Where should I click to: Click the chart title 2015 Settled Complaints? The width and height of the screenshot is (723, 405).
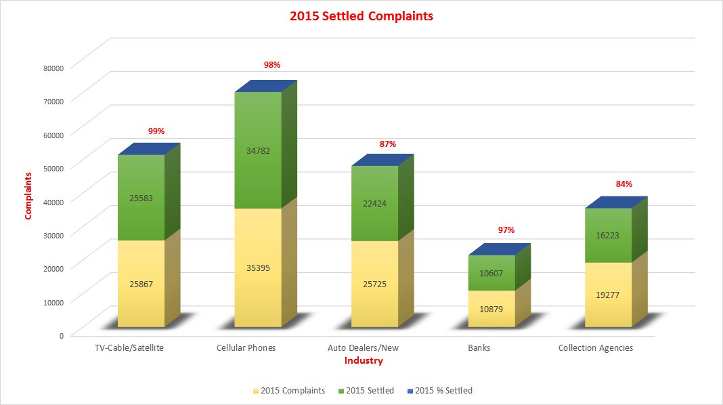click(x=361, y=16)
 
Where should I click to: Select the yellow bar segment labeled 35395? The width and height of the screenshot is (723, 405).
click(x=258, y=268)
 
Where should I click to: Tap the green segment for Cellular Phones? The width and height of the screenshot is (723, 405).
click(x=258, y=150)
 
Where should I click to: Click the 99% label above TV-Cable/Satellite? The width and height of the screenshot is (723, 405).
click(x=156, y=131)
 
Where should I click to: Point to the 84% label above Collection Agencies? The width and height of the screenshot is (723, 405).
click(x=623, y=184)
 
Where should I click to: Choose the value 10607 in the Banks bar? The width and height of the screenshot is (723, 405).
click(x=491, y=273)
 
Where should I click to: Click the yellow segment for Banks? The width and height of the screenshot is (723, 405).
click(x=491, y=309)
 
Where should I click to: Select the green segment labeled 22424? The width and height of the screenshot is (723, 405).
click(x=374, y=203)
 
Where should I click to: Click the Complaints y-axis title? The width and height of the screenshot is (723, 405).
click(x=28, y=196)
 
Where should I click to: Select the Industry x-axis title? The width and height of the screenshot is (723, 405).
click(x=364, y=361)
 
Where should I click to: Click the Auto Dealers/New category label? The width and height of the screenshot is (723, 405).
click(x=364, y=348)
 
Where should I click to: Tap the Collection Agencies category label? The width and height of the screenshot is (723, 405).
click(x=596, y=348)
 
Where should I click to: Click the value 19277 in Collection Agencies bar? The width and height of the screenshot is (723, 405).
click(x=609, y=295)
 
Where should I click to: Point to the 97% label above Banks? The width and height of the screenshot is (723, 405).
click(x=506, y=230)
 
